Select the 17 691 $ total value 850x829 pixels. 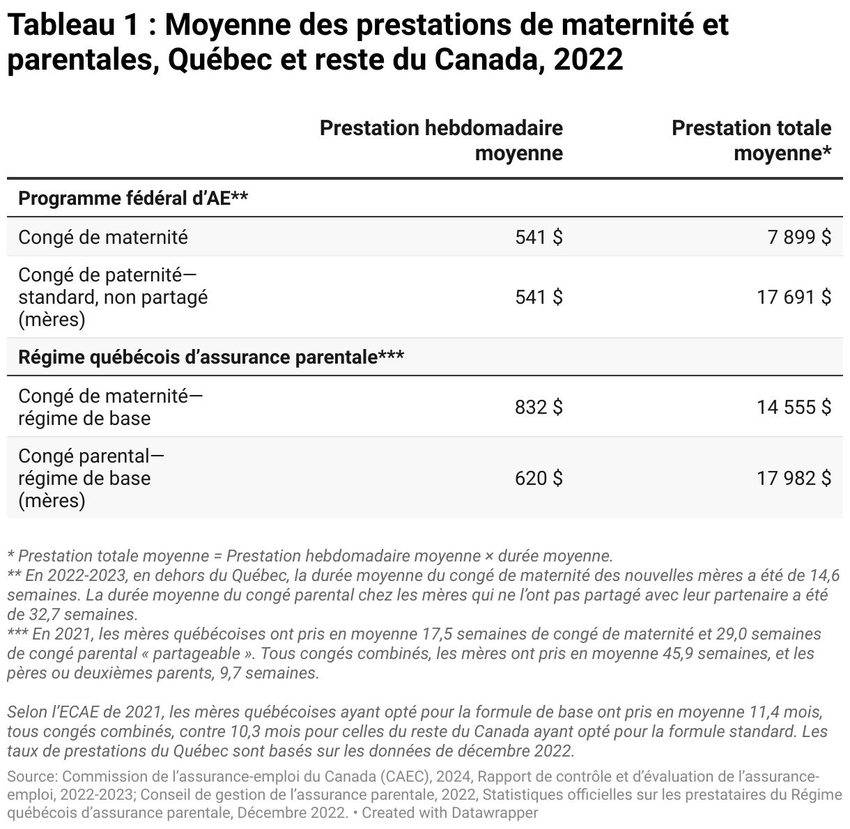coord(794,297)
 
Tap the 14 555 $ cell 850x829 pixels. coord(794,407)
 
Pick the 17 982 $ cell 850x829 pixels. coord(794,479)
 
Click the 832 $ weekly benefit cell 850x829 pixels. coord(539,407)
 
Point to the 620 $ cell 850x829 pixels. coord(539,479)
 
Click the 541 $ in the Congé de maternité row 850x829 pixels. coord(539,238)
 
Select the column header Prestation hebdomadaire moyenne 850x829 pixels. coord(441,140)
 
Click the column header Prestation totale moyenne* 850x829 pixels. coord(751,140)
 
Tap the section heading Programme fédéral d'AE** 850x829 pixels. coord(133,199)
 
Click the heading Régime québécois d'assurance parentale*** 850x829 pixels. coord(211,357)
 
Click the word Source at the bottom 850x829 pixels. coord(31,776)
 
